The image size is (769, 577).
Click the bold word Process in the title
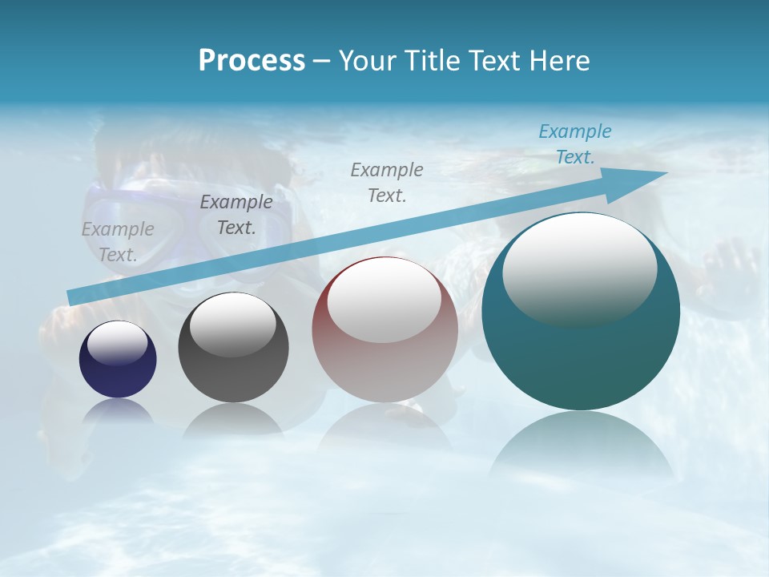pos(252,61)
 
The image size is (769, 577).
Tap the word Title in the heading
pos(434,61)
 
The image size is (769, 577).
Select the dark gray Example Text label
pos(236,215)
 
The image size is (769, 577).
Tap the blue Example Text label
pos(575,144)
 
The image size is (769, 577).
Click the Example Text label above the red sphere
pos(387,182)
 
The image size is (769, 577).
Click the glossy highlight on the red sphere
pos(384,301)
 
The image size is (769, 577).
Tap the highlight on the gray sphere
pos(233,325)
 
